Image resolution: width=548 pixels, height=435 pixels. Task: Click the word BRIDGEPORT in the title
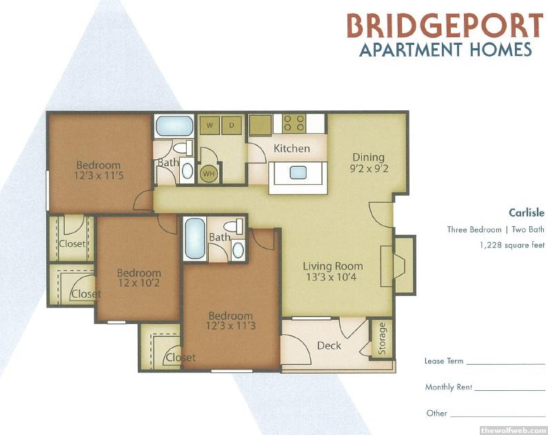coord(445,26)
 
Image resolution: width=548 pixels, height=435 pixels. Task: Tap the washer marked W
coord(210,125)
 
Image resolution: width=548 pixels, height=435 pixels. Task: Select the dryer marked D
coord(232,125)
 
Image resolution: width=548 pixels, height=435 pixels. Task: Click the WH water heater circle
coord(209,174)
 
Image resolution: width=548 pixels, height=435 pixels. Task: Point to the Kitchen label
coord(292,148)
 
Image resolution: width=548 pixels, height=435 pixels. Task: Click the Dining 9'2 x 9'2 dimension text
coord(369,169)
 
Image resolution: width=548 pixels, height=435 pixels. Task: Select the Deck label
coord(329,345)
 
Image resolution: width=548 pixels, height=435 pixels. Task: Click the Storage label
coord(382,338)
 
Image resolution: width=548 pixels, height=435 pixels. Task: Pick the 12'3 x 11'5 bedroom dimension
coord(99,175)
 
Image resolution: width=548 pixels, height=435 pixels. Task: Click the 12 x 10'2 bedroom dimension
coord(139,283)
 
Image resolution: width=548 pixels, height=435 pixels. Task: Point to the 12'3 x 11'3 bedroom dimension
coord(231,326)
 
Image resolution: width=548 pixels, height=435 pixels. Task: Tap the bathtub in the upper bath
coord(174,125)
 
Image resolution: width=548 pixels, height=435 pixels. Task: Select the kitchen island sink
coord(298,172)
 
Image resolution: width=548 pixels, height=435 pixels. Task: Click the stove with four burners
coord(294,123)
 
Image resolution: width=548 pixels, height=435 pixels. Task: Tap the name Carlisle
coord(527,212)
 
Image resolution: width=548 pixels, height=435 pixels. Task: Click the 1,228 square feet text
coord(512,245)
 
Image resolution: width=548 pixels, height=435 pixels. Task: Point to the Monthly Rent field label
coord(449,387)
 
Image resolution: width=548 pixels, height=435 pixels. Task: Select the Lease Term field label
coord(444,361)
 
